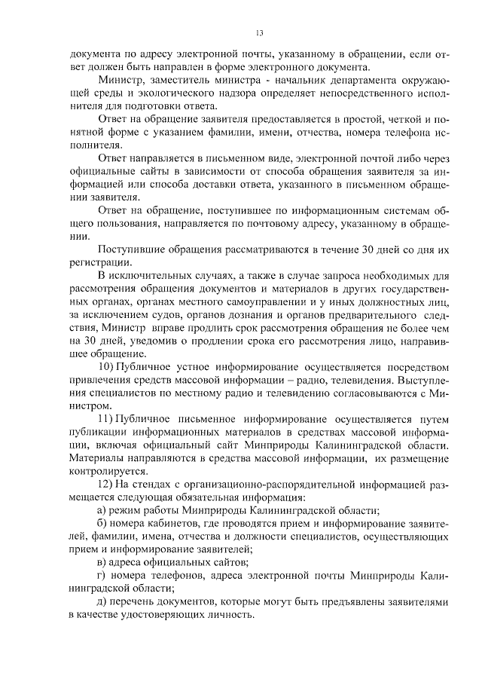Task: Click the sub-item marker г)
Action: pyautogui.click(x=102, y=576)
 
